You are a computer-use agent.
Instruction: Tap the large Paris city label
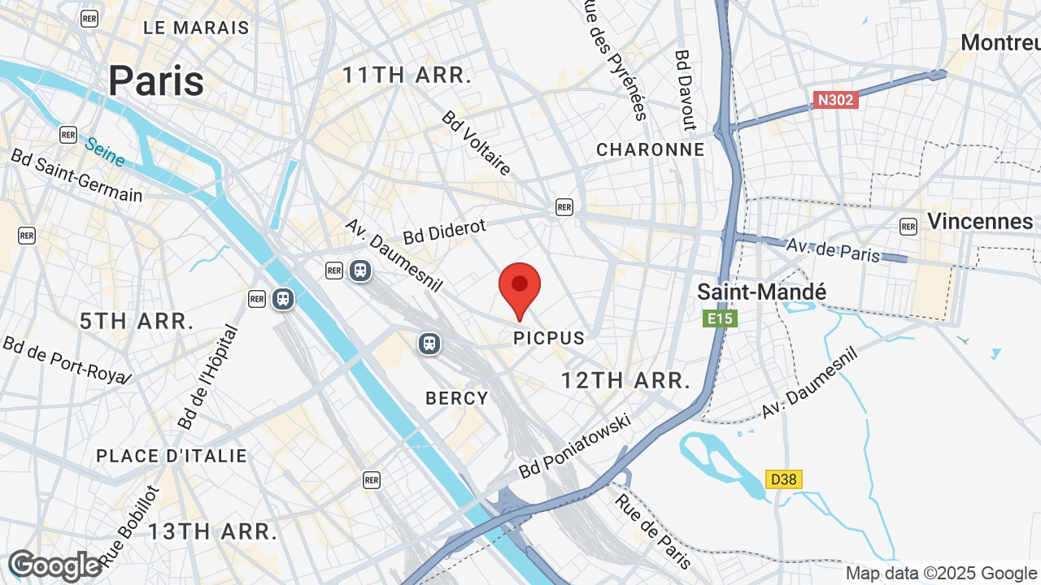(x=156, y=80)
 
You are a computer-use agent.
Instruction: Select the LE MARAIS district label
(x=196, y=28)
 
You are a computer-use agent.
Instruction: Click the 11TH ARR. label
(x=407, y=76)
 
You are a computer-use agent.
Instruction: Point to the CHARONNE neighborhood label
(x=650, y=149)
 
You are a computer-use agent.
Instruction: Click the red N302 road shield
(x=835, y=100)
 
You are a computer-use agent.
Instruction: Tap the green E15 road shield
(x=720, y=318)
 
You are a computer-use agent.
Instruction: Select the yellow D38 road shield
(x=783, y=479)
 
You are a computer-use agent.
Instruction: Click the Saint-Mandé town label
(x=762, y=292)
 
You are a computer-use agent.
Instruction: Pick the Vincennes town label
(x=980, y=221)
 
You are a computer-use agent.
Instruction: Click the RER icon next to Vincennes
(x=908, y=226)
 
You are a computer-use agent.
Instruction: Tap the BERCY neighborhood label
(x=457, y=398)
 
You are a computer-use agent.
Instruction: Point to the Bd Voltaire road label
(x=477, y=143)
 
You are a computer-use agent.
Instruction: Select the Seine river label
(x=105, y=152)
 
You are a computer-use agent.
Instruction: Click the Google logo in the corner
(x=54, y=565)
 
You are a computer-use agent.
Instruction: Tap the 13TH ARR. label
(x=212, y=532)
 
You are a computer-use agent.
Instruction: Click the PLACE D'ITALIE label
(x=172, y=456)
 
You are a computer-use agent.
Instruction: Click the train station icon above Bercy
(x=429, y=344)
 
